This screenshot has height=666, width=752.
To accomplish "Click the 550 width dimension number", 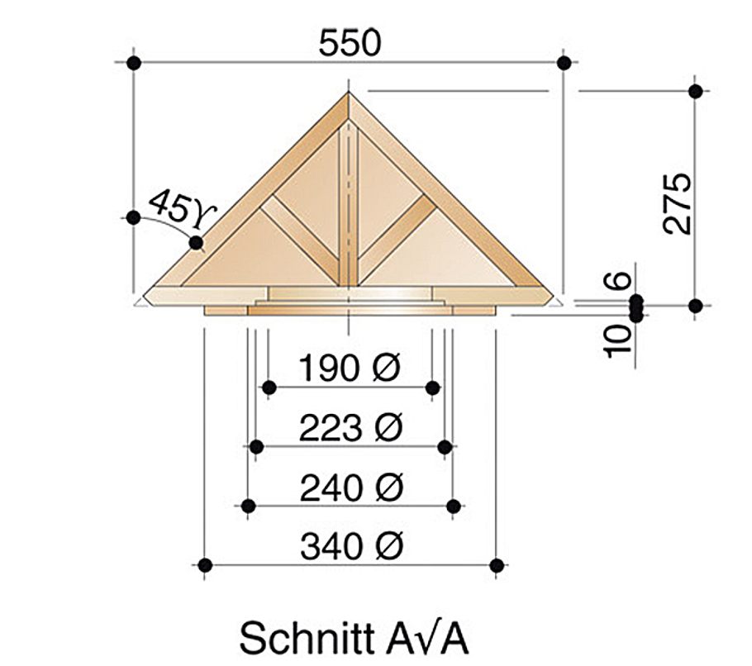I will [350, 43].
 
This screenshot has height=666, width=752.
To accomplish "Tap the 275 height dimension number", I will [679, 204].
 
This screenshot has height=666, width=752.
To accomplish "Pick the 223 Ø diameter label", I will [350, 427].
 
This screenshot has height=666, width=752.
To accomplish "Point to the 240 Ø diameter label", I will [350, 487].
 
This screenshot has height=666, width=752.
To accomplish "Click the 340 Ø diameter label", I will [350, 546].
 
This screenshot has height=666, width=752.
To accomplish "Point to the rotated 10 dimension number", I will [619, 340].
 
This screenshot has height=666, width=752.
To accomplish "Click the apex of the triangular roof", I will [349, 93].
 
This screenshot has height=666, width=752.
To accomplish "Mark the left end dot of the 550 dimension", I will [133, 63].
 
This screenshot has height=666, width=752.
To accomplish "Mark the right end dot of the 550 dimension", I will [564, 63].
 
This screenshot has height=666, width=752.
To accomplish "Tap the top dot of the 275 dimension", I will [695, 91].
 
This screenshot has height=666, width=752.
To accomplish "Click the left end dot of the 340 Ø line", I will [204, 565].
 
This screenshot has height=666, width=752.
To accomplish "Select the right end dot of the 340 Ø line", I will [496, 565].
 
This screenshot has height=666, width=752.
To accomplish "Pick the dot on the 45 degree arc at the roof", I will [196, 242].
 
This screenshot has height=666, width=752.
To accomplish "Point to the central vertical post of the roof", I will [349, 207].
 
